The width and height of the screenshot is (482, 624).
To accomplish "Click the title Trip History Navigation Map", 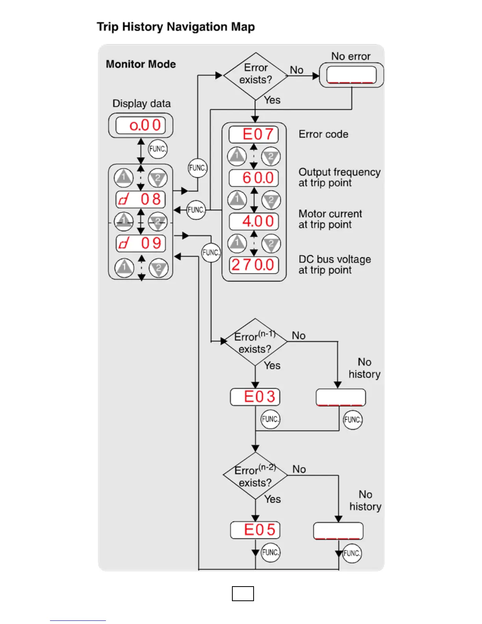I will coord(176,27).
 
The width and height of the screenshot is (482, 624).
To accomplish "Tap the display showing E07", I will coord(254,134).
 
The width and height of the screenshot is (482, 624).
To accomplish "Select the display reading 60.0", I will coord(254,178).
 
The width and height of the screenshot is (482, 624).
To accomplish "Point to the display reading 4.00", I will coord(254,221).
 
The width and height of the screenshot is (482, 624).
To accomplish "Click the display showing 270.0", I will coord(254,265).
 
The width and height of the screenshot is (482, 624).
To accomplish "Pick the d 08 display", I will coord(140,199).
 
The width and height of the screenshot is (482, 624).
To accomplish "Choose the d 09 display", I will coord(140,243).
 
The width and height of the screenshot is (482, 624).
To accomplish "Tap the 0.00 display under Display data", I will coord(140,126).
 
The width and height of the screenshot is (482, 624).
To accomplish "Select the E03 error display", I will coord(255,397).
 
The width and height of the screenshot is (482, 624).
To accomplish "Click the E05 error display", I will coord(255,530).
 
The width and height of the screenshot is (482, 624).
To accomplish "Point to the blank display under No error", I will coord(351,75).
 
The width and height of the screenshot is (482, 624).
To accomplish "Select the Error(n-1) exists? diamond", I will coord(255,342).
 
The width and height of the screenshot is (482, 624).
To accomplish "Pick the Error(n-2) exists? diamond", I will coord(255,476).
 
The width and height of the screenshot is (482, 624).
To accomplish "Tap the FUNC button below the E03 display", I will coord(270,419).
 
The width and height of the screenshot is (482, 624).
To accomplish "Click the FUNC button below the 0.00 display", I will coord(158,149).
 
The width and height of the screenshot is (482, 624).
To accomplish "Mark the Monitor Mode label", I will coord(141,64).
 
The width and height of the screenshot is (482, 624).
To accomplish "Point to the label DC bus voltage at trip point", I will coord(334,264).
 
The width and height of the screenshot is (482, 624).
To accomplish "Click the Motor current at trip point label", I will coord(330,219).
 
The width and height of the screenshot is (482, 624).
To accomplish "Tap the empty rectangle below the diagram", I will coord(243,594).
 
